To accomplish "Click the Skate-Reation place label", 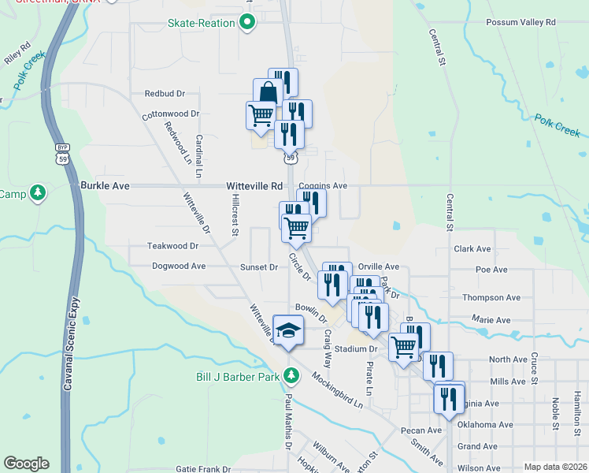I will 201,23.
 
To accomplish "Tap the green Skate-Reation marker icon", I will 247,23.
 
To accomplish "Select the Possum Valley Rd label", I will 520,23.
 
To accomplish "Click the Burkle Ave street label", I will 104,186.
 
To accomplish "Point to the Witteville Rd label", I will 254,186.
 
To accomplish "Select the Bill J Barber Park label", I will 238,377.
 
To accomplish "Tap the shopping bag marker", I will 268,93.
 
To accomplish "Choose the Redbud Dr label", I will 164,93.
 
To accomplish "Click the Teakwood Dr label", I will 172,246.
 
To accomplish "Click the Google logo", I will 26,464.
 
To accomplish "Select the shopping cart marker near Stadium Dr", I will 403,345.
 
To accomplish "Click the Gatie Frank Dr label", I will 202,468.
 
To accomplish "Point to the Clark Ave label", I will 472,248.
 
